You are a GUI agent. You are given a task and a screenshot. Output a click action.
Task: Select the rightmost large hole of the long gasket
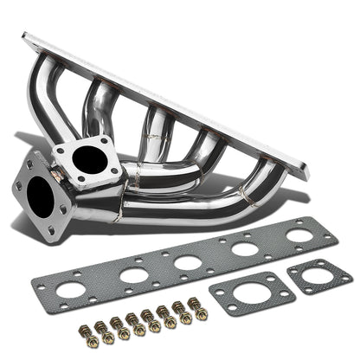299,235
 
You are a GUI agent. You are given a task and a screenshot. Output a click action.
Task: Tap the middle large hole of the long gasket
187,262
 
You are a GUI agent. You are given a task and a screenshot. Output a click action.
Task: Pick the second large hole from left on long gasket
132,276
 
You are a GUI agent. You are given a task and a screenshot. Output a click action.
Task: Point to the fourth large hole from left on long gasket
246,249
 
